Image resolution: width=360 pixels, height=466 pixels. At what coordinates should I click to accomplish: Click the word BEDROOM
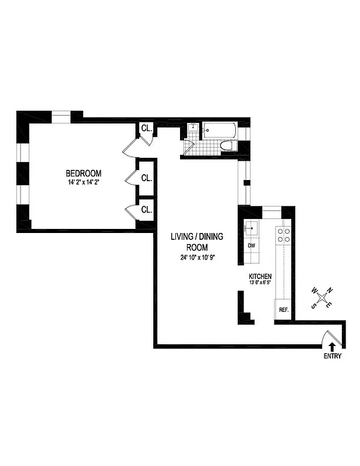click(x=83, y=173)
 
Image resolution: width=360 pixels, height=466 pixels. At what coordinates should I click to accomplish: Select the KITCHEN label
click(x=260, y=276)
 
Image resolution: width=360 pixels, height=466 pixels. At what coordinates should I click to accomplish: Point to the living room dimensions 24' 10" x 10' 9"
click(x=197, y=257)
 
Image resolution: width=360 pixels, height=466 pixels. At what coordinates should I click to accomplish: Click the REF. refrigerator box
click(x=284, y=309)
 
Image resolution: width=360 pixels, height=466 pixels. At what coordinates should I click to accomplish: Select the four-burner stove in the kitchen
click(x=284, y=234)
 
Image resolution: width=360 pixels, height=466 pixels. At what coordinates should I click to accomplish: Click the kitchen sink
click(x=252, y=228)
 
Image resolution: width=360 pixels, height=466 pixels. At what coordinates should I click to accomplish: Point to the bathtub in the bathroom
click(x=220, y=130)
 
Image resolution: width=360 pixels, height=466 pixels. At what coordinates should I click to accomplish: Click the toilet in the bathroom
click(x=229, y=146)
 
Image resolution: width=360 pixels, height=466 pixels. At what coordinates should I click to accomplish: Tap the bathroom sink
click(x=192, y=129)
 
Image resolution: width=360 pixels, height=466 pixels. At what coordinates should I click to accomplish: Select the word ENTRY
click(x=333, y=356)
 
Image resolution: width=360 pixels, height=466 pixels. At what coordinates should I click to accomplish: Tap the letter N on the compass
click(x=329, y=290)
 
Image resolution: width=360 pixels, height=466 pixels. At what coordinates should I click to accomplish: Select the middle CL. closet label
click(x=146, y=178)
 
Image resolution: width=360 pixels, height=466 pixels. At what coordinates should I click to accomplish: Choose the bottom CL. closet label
click(x=146, y=209)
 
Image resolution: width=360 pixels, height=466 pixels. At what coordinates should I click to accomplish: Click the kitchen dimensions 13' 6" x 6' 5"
click(x=260, y=284)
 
